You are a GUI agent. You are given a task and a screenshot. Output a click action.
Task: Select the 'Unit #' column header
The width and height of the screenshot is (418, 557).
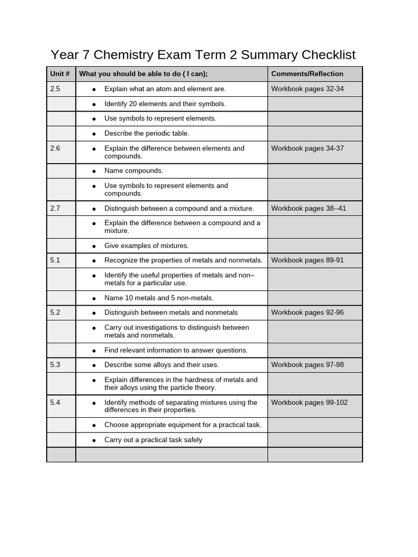tap(60, 74)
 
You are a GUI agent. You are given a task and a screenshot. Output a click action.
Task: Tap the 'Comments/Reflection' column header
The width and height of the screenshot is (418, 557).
tap(307, 74)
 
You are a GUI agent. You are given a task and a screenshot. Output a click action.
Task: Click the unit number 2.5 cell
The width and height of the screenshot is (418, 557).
tap(55, 89)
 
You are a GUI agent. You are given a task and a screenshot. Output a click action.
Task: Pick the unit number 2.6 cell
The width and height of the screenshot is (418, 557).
tap(55, 148)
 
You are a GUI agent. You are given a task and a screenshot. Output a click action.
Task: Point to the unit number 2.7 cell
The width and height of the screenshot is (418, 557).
tap(55, 208)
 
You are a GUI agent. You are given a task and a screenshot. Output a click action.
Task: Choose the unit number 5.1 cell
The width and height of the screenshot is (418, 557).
tap(55, 260)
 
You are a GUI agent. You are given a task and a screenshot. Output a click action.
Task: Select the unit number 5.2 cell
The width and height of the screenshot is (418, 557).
tap(55, 312)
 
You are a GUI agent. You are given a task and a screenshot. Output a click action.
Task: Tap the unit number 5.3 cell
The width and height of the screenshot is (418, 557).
tap(55, 364)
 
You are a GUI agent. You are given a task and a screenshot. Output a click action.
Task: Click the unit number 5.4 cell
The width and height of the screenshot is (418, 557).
tap(55, 403)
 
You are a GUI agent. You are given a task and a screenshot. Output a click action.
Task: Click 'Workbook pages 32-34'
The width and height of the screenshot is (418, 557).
tap(308, 89)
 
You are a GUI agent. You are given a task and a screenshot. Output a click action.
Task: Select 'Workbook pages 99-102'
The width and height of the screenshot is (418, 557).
tap(309, 403)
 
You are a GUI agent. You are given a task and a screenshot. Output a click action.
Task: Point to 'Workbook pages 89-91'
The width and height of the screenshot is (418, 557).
tap(308, 260)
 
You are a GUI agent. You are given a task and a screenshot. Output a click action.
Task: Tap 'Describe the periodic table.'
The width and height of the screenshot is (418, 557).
tap(147, 133)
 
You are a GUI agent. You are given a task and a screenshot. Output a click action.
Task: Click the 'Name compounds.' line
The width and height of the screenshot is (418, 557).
tap(134, 171)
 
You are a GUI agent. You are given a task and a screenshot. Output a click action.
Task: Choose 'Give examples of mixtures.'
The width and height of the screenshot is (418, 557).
tap(147, 246)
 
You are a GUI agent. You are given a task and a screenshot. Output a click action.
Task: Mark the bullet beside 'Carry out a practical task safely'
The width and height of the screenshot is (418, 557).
tap(94, 440)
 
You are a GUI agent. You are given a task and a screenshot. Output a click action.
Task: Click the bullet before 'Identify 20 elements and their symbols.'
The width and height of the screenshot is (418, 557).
tap(94, 104)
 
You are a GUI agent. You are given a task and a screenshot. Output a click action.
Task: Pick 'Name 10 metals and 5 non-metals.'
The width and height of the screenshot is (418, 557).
tap(159, 298)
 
